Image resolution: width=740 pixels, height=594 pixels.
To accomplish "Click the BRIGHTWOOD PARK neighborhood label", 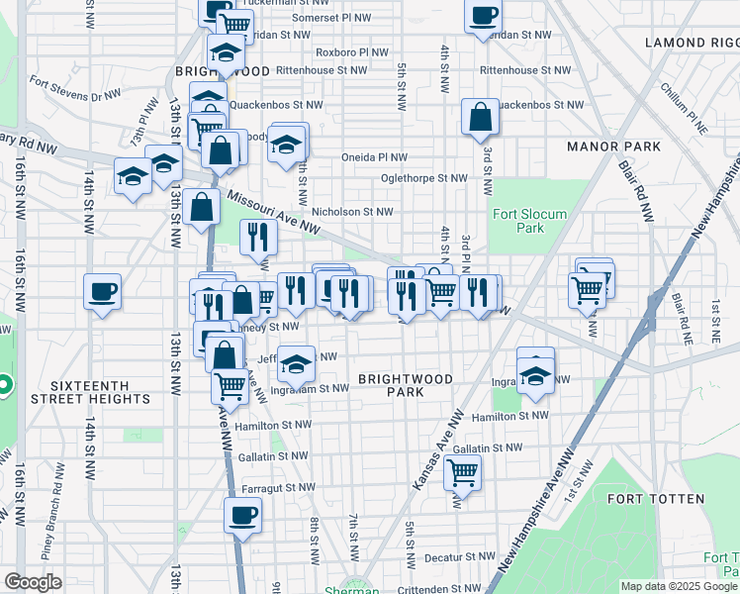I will point(406,385).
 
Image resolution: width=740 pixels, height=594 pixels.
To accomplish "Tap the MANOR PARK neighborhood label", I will point(613,147).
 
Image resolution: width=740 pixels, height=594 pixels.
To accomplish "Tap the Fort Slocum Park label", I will point(517,221).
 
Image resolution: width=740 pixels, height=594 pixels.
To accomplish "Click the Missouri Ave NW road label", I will point(272,212).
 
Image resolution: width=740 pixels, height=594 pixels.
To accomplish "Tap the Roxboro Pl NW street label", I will point(343,52).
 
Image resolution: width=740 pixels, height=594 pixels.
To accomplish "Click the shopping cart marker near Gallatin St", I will point(462,474).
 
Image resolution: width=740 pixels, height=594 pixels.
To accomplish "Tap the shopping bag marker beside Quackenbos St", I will point(480,117).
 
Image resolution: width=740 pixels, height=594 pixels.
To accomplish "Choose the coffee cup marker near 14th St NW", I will point(102,291).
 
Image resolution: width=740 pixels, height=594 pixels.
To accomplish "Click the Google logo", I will point(33,582).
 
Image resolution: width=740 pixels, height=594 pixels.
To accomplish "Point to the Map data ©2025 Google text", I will point(678,586).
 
